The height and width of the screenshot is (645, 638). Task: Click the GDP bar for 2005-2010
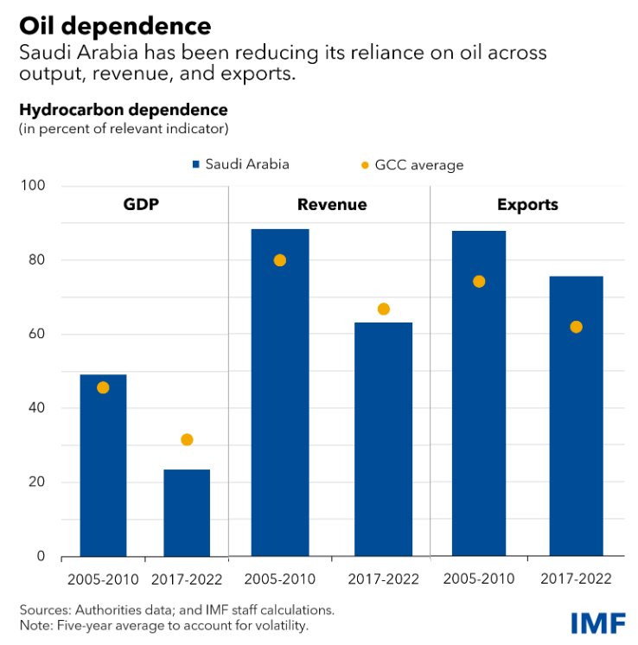[x=103, y=467]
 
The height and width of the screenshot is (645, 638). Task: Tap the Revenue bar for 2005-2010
[x=279, y=393]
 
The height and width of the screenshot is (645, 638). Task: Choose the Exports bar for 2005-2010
[x=478, y=393]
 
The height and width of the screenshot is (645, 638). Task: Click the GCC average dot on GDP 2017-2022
[x=187, y=440]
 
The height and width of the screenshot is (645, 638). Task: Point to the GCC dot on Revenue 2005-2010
[x=279, y=260]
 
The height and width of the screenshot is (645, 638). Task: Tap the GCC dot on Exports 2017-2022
[x=576, y=327]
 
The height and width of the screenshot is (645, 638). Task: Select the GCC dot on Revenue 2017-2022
[x=384, y=310]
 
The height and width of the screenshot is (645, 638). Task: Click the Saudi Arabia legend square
[x=197, y=164]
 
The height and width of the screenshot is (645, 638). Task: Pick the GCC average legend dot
[x=364, y=165]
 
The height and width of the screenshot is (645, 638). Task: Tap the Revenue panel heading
[x=332, y=206]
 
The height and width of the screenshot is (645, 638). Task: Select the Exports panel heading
[x=527, y=206]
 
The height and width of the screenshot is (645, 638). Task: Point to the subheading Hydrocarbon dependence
[x=123, y=111]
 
